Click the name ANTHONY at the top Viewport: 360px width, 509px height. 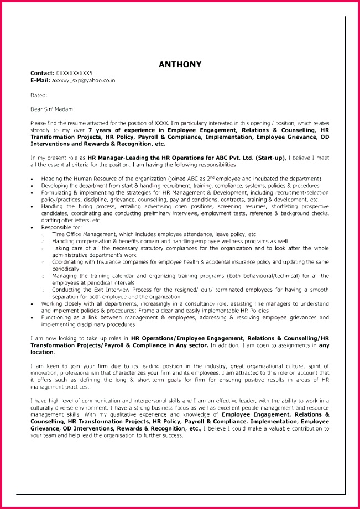point(180,64)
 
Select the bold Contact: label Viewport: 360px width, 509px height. point(42,73)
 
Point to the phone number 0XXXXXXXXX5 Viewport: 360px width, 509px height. point(75,73)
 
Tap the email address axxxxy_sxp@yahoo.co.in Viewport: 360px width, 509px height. point(84,80)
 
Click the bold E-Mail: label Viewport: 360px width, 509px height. point(40,80)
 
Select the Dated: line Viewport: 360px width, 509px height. point(39,95)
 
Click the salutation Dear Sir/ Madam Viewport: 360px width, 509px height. point(52,109)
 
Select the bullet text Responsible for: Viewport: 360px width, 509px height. point(61,227)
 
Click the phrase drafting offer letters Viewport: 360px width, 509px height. point(66,220)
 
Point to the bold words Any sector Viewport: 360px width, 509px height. point(192,345)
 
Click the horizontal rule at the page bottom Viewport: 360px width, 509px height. point(180,494)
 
